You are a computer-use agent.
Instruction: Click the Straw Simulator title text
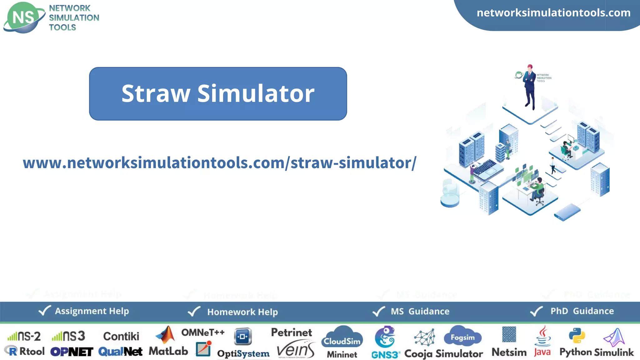click(218, 93)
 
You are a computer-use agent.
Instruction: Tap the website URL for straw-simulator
click(219, 163)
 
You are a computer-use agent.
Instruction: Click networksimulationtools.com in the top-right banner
click(553, 13)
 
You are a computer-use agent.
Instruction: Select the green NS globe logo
click(23, 17)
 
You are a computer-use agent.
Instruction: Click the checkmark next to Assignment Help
click(44, 311)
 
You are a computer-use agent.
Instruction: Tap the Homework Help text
click(242, 312)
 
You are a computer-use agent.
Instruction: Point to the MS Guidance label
click(420, 311)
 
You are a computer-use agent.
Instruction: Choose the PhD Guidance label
click(582, 311)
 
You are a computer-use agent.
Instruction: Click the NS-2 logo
click(24, 336)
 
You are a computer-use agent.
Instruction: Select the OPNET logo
click(72, 352)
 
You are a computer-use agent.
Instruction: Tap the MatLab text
click(168, 351)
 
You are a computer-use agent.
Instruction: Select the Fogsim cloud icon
click(462, 337)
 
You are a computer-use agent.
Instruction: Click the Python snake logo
click(577, 336)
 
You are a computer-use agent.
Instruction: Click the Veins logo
click(295, 350)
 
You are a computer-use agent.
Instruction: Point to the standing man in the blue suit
click(530, 87)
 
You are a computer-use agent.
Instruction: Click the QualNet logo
click(120, 352)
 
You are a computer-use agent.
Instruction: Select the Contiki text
click(121, 336)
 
